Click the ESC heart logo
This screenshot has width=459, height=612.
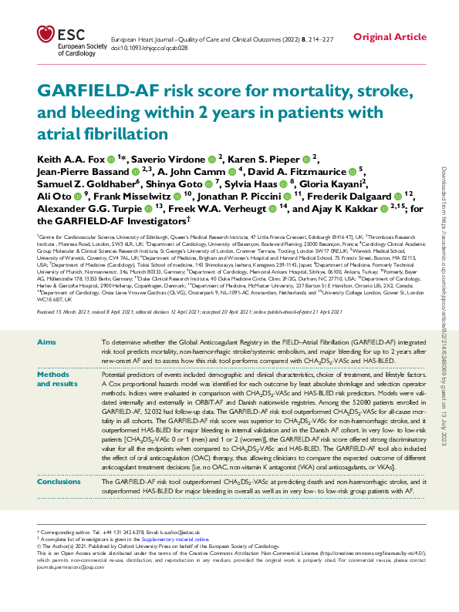point(46,35)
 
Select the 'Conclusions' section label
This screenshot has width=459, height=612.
point(59,480)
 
